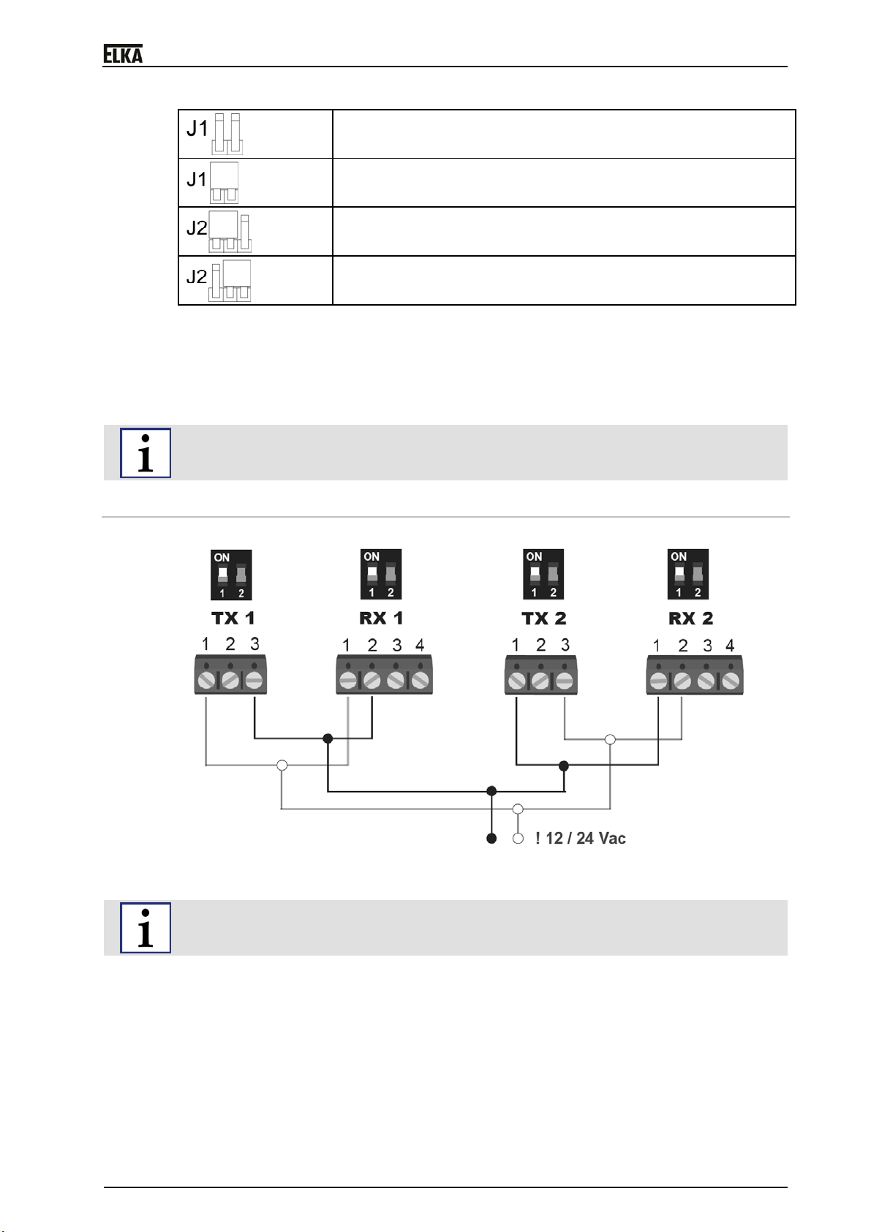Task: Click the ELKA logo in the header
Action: click(123, 54)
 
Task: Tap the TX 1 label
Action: click(233, 619)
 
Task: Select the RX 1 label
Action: click(381, 619)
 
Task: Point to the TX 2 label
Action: click(543, 619)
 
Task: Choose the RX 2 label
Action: click(690, 619)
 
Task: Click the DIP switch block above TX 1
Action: click(231, 575)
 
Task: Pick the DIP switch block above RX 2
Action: click(687, 574)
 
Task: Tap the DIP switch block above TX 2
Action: click(543, 574)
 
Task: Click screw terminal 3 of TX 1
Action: click(254, 681)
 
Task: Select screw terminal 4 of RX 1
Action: click(420, 681)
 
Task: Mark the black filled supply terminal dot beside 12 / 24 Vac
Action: click(491, 839)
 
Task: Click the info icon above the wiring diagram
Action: click(146, 453)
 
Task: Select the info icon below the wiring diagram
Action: click(146, 928)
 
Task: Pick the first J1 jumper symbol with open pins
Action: click(227, 134)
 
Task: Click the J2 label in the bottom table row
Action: click(197, 276)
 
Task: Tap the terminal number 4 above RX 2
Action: click(730, 645)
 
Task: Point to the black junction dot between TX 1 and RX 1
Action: click(328, 738)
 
